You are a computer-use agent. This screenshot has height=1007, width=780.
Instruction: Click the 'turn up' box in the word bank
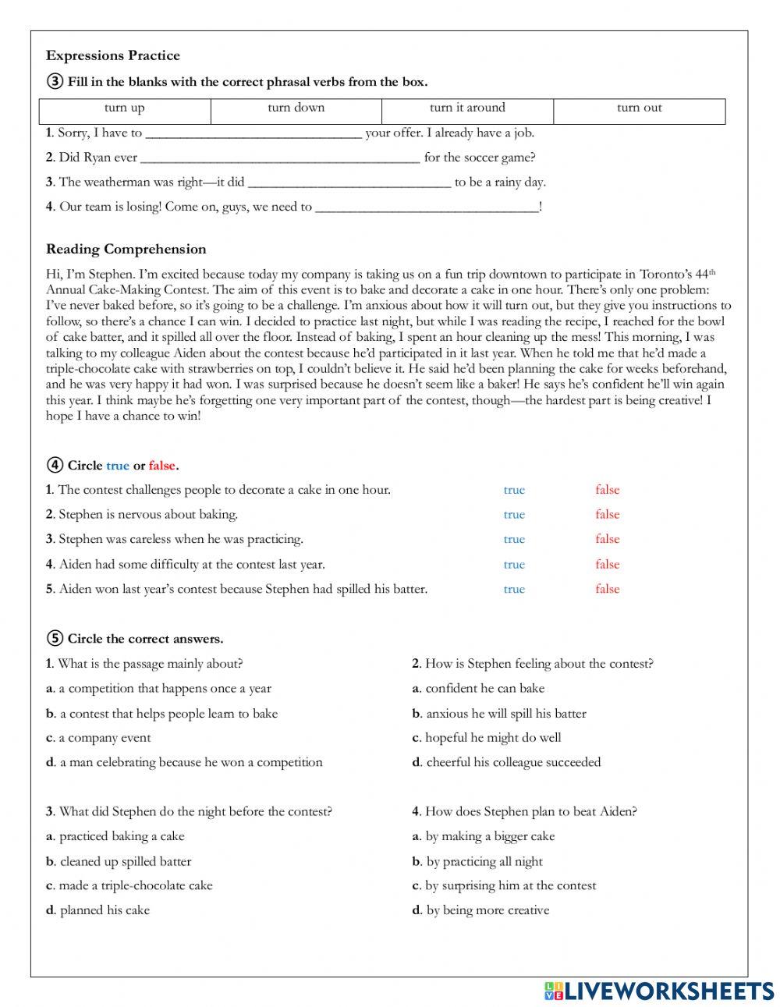(x=125, y=108)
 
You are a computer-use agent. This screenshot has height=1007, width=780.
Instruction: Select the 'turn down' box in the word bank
(x=296, y=108)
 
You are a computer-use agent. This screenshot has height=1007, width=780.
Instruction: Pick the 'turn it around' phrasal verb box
(x=467, y=108)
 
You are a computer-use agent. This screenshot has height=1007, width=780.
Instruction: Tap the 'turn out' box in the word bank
(x=639, y=108)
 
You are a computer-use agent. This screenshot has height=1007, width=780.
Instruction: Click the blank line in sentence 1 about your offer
(x=253, y=133)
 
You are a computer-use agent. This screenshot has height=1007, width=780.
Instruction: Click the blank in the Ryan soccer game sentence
(x=280, y=158)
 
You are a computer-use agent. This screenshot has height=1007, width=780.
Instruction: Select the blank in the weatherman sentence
(x=349, y=183)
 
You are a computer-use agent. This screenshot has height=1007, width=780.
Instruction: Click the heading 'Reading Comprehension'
(x=126, y=250)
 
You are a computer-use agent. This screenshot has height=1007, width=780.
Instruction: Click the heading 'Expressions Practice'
(x=113, y=55)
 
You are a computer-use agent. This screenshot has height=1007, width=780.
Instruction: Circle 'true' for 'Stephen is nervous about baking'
(x=514, y=515)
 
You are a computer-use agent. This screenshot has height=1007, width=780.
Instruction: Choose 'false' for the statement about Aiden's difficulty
(x=607, y=565)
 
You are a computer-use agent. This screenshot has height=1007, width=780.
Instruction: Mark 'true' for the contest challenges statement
(x=514, y=490)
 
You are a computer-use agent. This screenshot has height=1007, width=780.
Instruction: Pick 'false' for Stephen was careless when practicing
(x=607, y=540)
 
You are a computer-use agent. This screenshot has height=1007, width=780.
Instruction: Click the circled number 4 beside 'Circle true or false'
(x=55, y=466)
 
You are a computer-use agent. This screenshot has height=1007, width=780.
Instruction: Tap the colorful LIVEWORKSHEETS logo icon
(x=553, y=991)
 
